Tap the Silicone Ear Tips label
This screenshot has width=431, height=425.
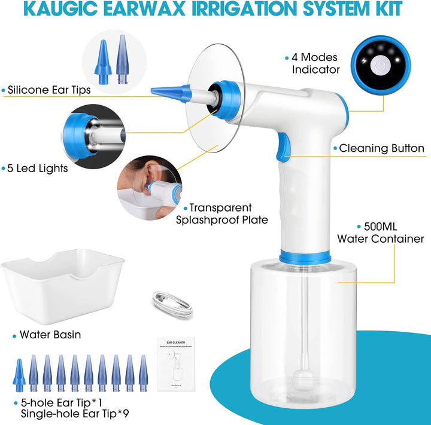(x=57, y=91)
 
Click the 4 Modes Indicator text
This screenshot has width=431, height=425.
(x=315, y=63)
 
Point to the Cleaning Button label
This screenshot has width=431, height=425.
(x=381, y=148)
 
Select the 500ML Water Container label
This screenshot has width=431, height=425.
(x=380, y=233)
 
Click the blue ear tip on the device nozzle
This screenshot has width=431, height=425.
(x=170, y=93)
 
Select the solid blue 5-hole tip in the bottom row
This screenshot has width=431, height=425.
(x=19, y=375)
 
